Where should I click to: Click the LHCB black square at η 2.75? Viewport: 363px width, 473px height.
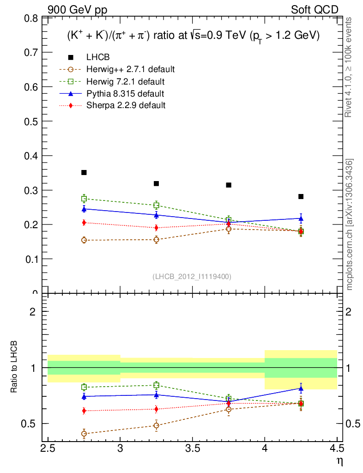[x=84, y=172]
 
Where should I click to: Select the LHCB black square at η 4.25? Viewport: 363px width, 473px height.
[x=301, y=196]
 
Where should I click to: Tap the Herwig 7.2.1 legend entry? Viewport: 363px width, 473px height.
[x=125, y=82]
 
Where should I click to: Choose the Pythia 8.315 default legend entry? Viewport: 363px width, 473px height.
[x=125, y=94]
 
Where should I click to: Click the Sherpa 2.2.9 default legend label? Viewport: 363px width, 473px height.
[x=126, y=105]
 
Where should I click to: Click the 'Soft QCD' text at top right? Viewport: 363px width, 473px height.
[x=315, y=9]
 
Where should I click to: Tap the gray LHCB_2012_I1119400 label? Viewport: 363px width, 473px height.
[x=192, y=276]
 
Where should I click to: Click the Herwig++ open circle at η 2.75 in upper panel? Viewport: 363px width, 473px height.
[x=84, y=240]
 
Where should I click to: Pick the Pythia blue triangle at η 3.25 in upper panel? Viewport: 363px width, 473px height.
[x=156, y=215]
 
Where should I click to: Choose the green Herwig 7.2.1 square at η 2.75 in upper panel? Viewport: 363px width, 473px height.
[x=84, y=199]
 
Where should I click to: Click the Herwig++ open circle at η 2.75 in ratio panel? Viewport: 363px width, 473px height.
[x=84, y=433]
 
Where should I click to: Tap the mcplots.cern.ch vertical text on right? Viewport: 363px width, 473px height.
[x=350, y=224]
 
